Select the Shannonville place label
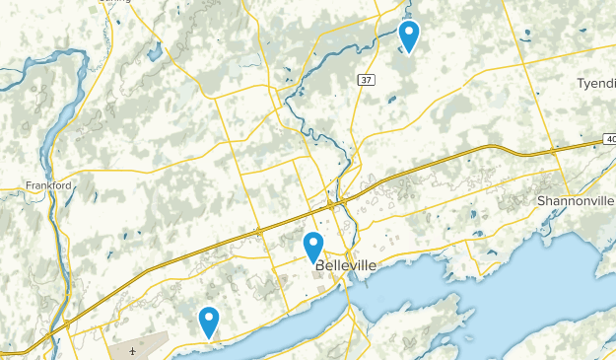(576, 200)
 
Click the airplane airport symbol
(132, 351)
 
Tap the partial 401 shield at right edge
(609, 140)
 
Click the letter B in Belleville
(320, 266)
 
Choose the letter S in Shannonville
(542, 200)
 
